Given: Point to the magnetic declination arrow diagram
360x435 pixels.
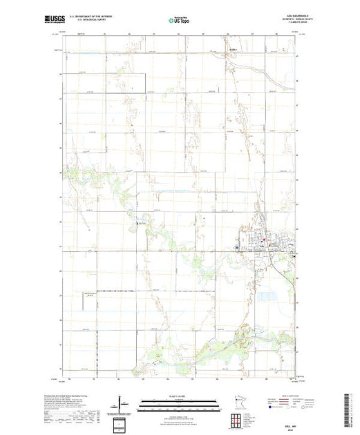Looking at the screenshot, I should point(122,403).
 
